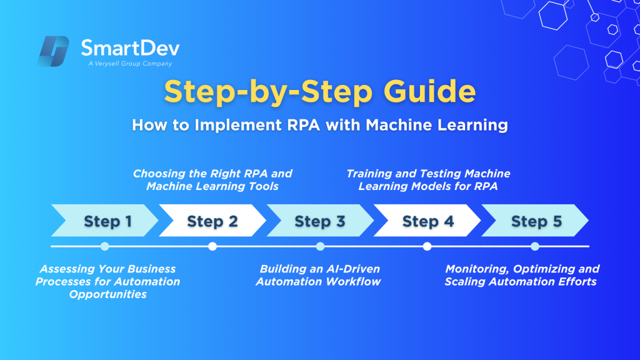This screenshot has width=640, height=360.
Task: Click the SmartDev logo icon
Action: [53, 51]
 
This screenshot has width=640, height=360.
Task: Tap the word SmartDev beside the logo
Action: [130, 48]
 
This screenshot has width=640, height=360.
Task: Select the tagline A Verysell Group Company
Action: [130, 64]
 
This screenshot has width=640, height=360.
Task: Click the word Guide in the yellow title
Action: [429, 91]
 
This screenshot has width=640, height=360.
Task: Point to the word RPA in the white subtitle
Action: [304, 125]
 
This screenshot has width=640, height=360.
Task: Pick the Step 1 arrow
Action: [104, 221]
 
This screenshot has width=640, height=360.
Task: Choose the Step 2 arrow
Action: [212, 221]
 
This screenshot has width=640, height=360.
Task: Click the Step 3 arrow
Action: [320, 221]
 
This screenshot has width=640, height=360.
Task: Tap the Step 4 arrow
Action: [427, 221]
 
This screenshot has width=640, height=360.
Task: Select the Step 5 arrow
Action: [535, 221]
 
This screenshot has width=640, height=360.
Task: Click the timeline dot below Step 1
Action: [105, 246]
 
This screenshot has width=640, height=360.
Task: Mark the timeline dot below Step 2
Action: [212, 246]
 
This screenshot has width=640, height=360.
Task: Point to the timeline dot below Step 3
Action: [320, 246]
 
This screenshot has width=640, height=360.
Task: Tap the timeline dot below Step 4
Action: [427, 246]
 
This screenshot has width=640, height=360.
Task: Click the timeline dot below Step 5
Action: [535, 246]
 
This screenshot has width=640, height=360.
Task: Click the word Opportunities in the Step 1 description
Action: [107, 294]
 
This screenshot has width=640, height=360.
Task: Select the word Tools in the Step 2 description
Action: [264, 186]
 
